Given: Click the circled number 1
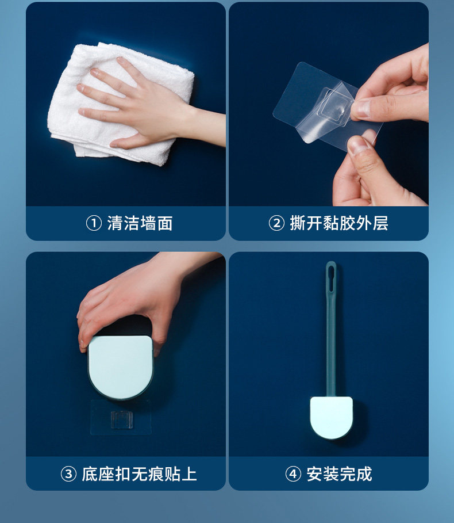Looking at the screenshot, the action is (94, 223).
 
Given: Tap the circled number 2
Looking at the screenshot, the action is (276, 223).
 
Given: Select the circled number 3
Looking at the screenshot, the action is (68, 474).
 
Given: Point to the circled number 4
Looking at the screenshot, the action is (293, 474).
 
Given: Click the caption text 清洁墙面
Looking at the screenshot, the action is (140, 223).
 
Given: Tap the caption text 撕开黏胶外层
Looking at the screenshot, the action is (339, 223).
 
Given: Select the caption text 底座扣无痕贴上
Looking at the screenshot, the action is (139, 474).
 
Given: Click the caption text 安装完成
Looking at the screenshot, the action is (339, 474).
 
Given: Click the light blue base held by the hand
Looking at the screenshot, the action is (121, 367).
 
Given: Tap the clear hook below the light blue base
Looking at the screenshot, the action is (122, 419).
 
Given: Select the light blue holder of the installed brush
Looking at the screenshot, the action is (331, 417).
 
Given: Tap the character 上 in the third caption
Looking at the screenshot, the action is (189, 474).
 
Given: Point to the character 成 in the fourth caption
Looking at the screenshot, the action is (364, 474).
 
